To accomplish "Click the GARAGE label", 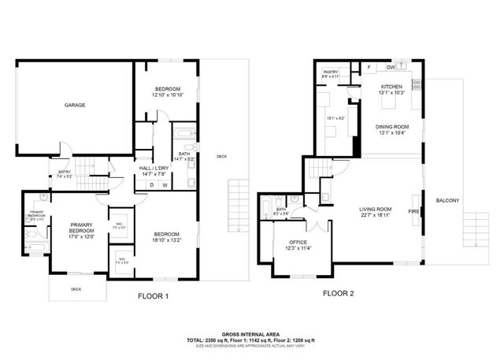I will click(75, 105).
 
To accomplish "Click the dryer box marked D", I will click(152, 186).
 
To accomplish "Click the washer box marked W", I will click(165, 186).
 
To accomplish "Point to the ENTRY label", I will click(65, 173).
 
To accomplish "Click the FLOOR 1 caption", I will click(152, 297).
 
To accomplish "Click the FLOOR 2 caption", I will click(338, 294).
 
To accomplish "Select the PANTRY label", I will click(331, 72).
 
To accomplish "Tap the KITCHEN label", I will click(391, 87).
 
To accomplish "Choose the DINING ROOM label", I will click(391, 126).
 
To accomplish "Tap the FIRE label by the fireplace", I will click(413, 211).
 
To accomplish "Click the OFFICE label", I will click(297, 243).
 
